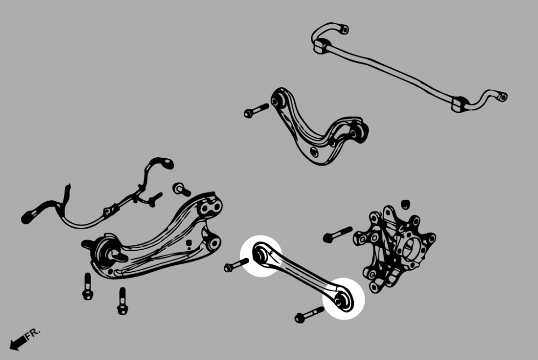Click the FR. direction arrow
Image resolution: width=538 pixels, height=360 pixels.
pyautogui.click(x=18, y=342)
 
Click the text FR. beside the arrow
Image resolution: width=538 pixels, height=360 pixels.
pyautogui.click(x=33, y=334)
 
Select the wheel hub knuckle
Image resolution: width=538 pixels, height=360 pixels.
pyautogui.click(x=394, y=249)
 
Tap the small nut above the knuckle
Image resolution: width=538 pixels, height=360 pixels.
pyautogui.click(x=406, y=203)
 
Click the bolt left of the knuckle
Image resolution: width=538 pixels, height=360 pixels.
pyautogui.click(x=338, y=235)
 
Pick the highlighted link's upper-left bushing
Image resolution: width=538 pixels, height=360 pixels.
pyautogui.click(x=261, y=255)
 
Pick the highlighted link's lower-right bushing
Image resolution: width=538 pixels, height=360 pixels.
pyautogui.click(x=342, y=299)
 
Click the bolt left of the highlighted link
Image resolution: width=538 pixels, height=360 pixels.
pyautogui.click(x=236, y=265)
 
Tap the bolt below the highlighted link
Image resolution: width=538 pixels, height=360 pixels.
pyautogui.click(x=309, y=315)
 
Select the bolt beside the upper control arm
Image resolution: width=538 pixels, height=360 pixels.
pyautogui.click(x=256, y=111)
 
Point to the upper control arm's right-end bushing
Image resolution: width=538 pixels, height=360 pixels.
pyautogui.click(x=358, y=132)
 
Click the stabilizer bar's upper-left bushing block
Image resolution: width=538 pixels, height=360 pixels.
pyautogui.click(x=322, y=46)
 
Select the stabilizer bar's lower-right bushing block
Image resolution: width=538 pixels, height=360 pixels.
pyautogui.click(x=459, y=104)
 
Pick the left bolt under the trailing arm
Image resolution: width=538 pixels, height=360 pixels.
pyautogui.click(x=88, y=287)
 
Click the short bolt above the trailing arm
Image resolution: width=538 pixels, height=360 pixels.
pyautogui.click(x=181, y=189)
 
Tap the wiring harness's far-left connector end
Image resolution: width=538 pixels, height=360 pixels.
pyautogui.click(x=27, y=217)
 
